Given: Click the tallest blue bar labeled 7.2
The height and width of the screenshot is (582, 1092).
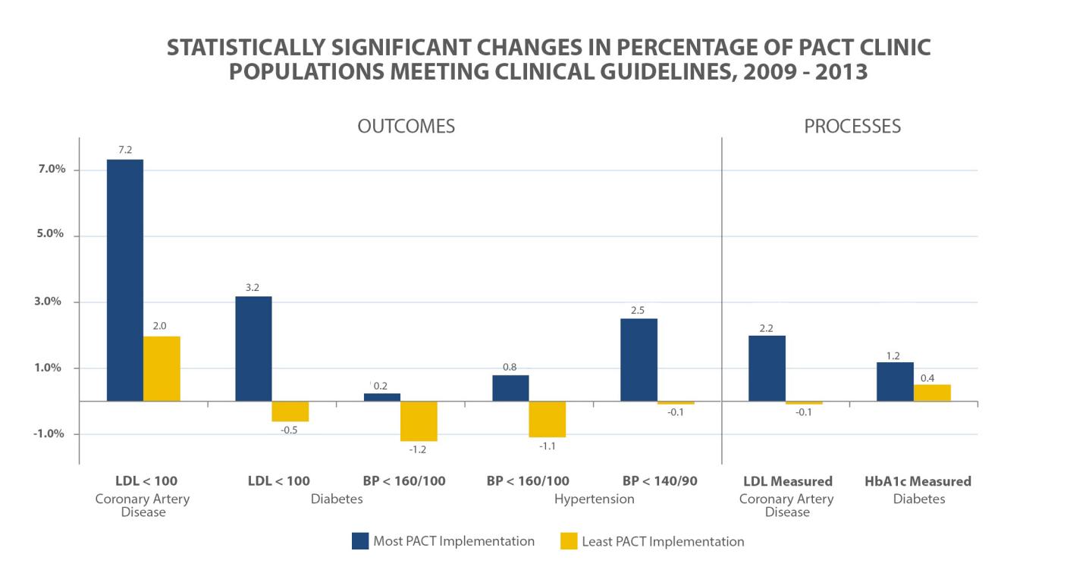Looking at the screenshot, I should tap(124, 280).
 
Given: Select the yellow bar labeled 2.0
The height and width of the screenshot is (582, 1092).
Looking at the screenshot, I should tap(162, 368).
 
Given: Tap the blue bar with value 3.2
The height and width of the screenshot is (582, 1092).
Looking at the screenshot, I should tap(253, 348).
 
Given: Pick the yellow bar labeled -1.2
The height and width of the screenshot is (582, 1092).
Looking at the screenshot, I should tap(419, 421).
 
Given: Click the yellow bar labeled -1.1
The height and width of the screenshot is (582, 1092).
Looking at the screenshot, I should tap(547, 419).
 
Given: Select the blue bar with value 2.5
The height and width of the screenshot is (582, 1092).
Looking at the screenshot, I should tap(639, 359).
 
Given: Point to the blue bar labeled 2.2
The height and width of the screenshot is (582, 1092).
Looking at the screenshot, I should tap(767, 368).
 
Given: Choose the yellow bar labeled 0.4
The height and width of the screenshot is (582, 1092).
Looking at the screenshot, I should tap(932, 393).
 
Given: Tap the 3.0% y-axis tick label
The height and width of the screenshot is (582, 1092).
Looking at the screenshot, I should tap(44, 302).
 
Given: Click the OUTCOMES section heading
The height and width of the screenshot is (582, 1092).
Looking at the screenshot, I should tap(406, 127).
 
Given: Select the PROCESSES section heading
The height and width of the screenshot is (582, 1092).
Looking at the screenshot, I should tap(852, 127).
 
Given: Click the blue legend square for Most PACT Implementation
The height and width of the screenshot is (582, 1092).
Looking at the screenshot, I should tap(360, 541).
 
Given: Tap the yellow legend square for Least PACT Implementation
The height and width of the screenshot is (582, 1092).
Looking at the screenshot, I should tap(569, 541).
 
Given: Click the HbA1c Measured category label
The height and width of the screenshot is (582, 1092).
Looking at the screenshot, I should tap(918, 481).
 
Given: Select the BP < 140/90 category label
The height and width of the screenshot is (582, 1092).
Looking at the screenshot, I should tap(660, 481).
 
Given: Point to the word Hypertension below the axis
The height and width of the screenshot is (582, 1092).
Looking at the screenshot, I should tap(594, 499).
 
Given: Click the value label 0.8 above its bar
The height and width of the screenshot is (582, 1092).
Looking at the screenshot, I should tap(510, 368).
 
